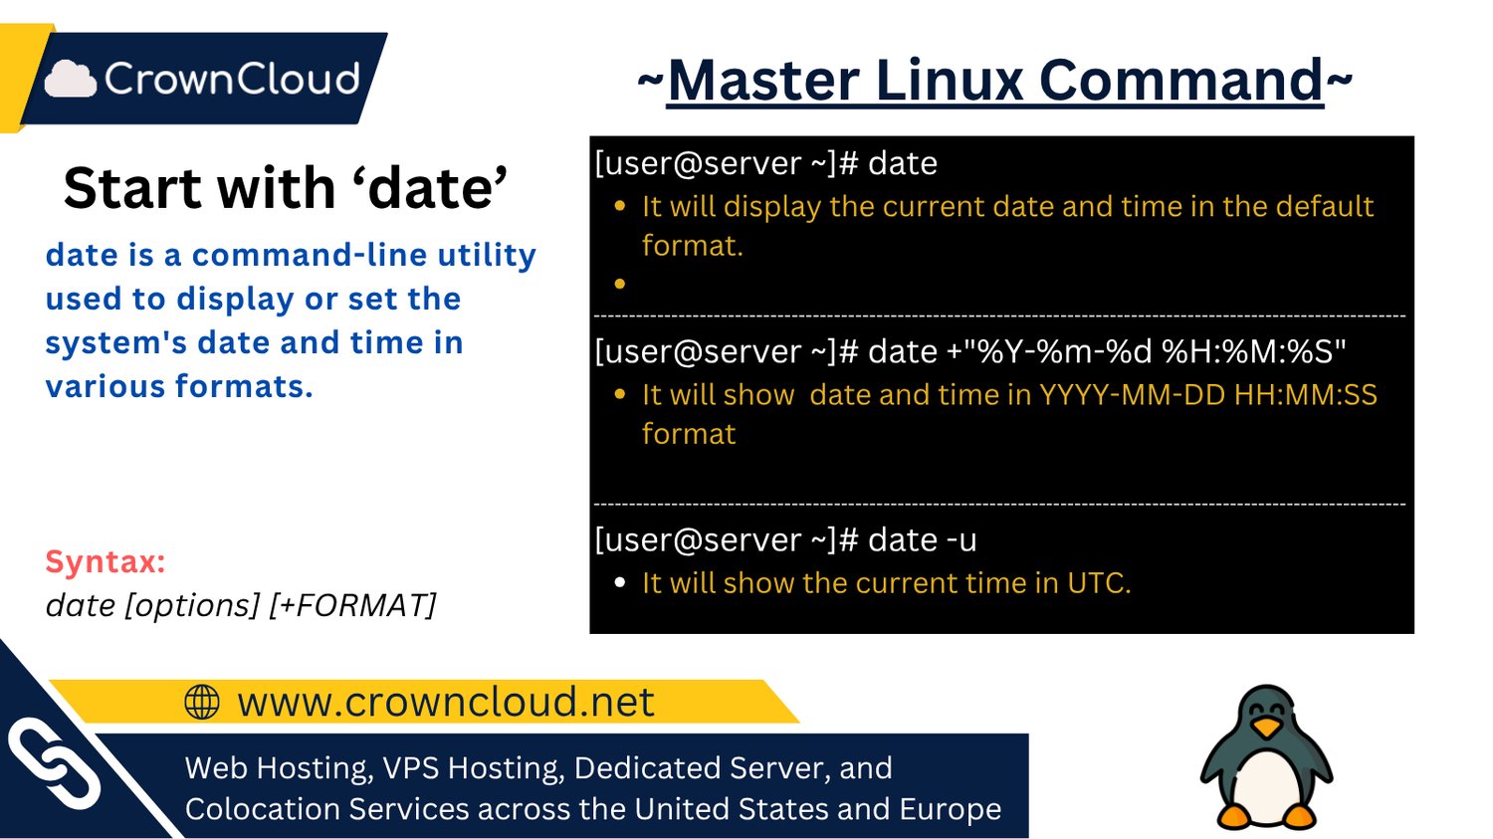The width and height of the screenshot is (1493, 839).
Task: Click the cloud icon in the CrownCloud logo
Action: pyautogui.click(x=71, y=79)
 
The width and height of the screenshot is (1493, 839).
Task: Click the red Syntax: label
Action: pyautogui.click(x=106, y=561)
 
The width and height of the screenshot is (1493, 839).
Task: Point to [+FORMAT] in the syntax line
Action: pyautogui.click(x=352, y=605)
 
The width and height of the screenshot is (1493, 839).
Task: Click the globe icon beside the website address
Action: pyautogui.click(x=201, y=702)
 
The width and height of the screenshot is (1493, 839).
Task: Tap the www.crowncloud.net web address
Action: pyautogui.click(x=446, y=702)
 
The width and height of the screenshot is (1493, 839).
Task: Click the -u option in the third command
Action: pyautogui.click(x=961, y=539)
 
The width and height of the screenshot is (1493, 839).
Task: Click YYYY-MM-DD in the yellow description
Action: pyautogui.click(x=1133, y=394)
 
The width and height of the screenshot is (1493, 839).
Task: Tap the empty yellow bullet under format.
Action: pyautogui.click(x=620, y=284)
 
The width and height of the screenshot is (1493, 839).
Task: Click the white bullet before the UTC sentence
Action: pyautogui.click(x=620, y=583)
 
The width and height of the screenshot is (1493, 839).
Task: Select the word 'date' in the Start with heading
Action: pyautogui.click(x=437, y=187)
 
